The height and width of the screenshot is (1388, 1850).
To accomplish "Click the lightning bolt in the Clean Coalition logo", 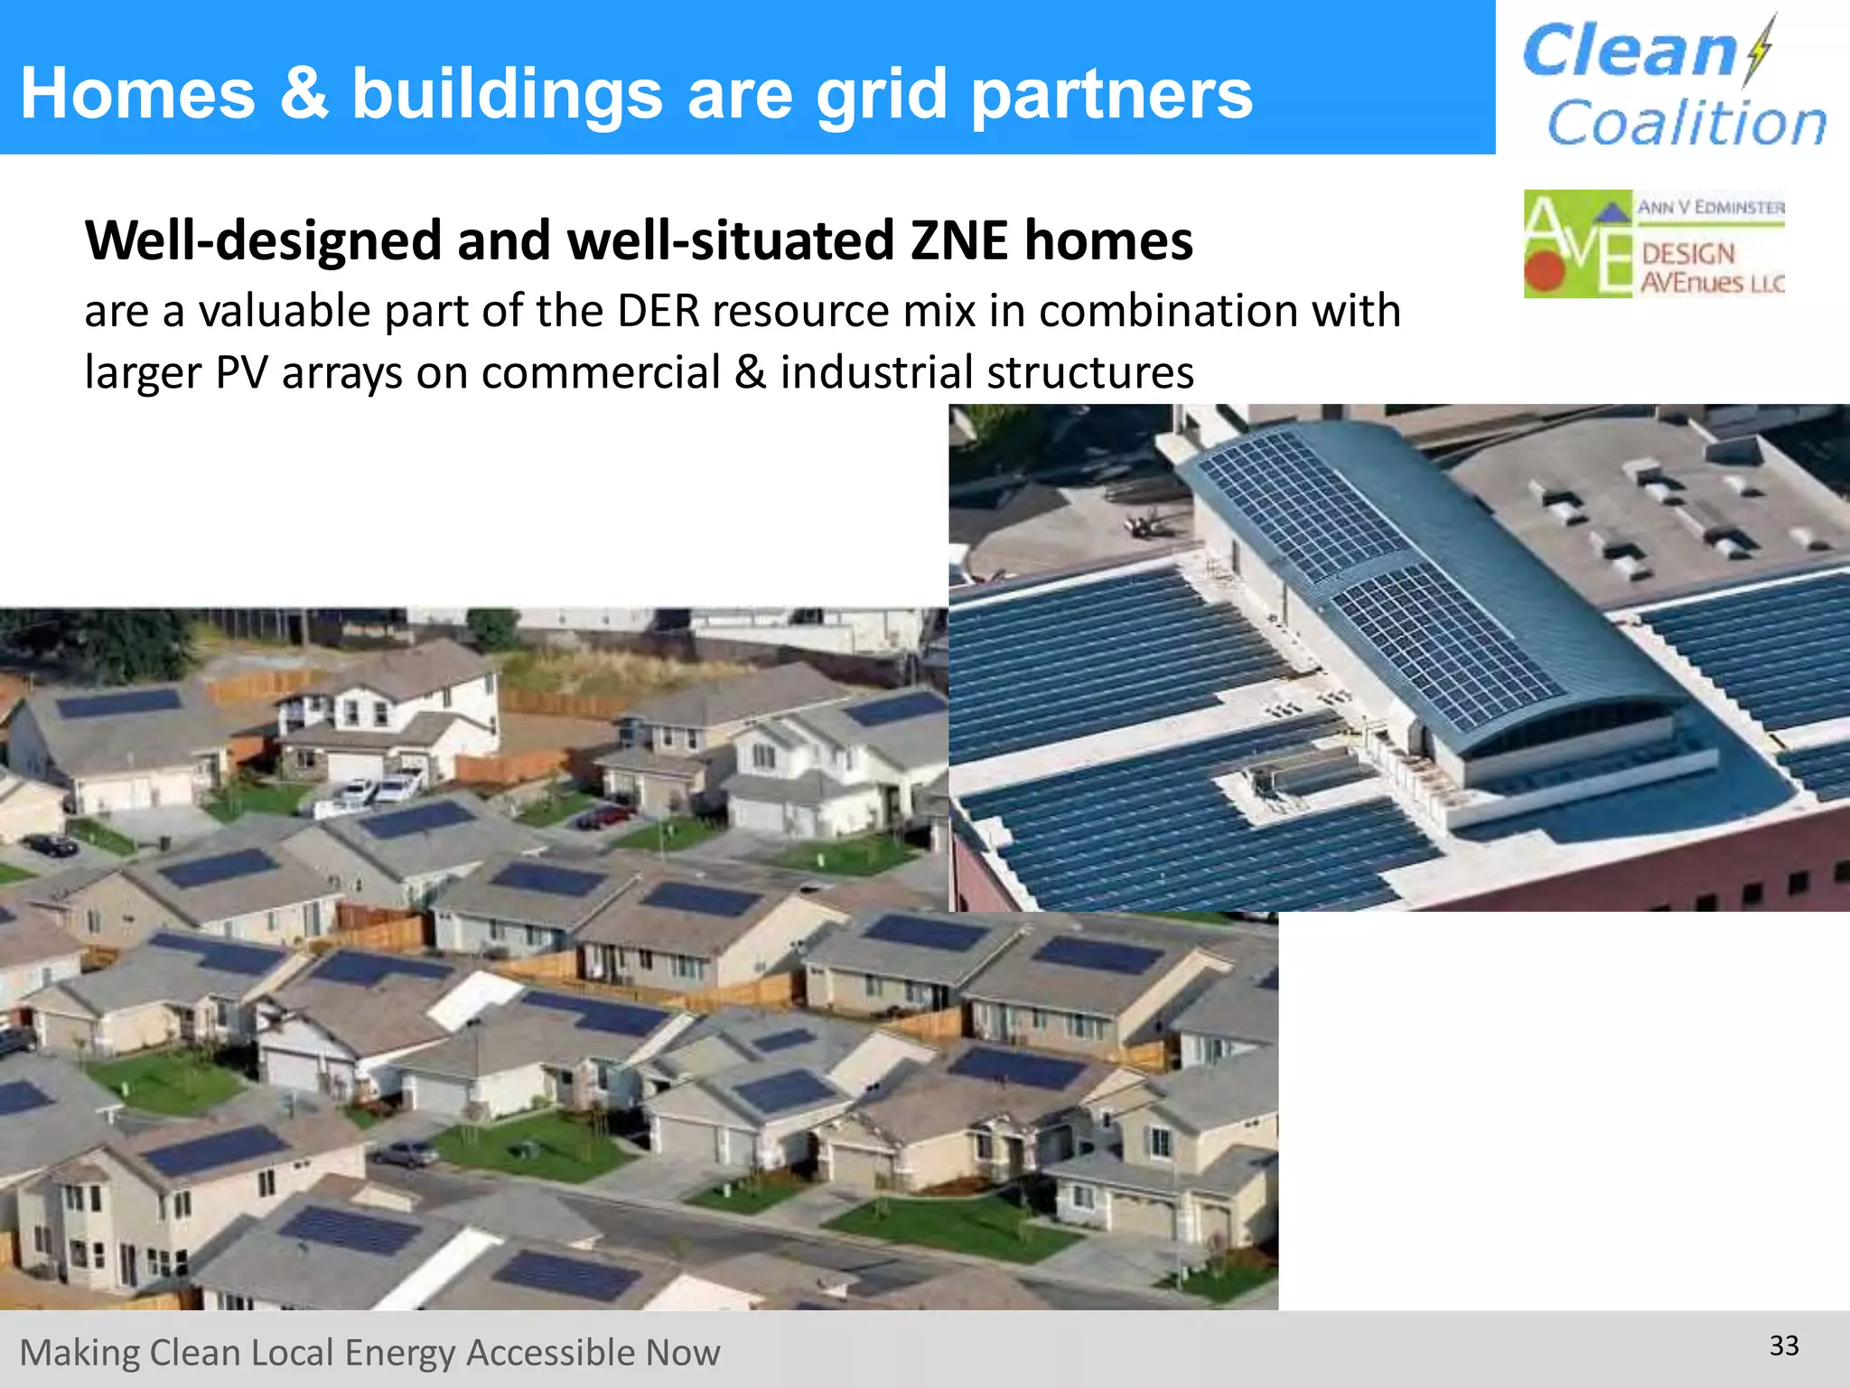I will pos(1759,50).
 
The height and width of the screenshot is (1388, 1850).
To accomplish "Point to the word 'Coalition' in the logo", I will pos(1686,123).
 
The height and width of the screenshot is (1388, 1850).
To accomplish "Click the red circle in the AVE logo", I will pos(1544,268).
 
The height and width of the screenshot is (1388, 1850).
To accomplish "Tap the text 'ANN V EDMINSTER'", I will pos(1711,207).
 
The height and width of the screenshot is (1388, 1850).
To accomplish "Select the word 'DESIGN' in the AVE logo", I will pos(1687,253).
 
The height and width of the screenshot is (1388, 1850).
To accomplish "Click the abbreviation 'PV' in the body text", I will pos(241,372).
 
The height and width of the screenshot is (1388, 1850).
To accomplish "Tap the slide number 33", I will pos(1784,1346).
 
